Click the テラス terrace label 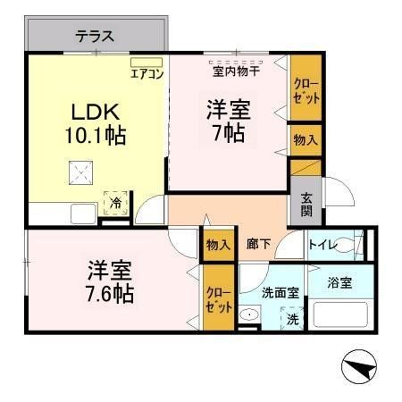(94, 37)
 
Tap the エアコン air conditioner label (147, 74)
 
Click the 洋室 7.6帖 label (111, 281)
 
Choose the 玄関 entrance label (306, 205)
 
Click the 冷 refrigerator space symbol (115, 204)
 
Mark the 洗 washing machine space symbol (292, 320)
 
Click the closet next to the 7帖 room (306, 91)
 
